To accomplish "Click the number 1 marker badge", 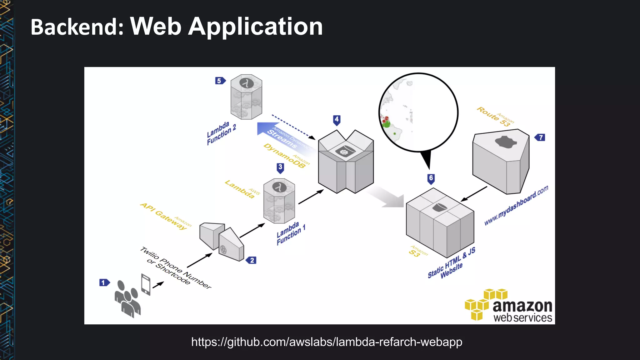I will [104, 282].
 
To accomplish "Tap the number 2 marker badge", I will [251, 260].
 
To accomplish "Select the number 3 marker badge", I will [280, 167].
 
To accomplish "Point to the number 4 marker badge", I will [337, 120].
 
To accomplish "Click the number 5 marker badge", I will [220, 81].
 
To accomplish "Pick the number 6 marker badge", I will [431, 179].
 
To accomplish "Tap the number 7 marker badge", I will [540, 137].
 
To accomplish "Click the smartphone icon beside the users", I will [146, 284].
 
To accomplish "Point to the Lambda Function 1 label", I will [291, 234].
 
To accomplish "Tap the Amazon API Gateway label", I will [166, 216].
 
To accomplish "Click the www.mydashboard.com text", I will [516, 205].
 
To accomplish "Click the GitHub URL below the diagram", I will [327, 342].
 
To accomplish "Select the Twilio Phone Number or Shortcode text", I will [175, 268].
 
